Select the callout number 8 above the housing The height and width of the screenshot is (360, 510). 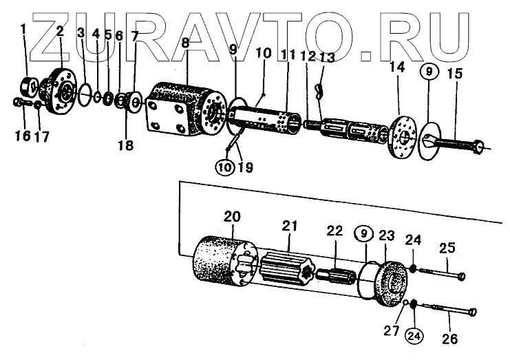(185, 43)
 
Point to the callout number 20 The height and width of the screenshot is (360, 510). (233, 217)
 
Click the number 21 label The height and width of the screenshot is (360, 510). (289, 225)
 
